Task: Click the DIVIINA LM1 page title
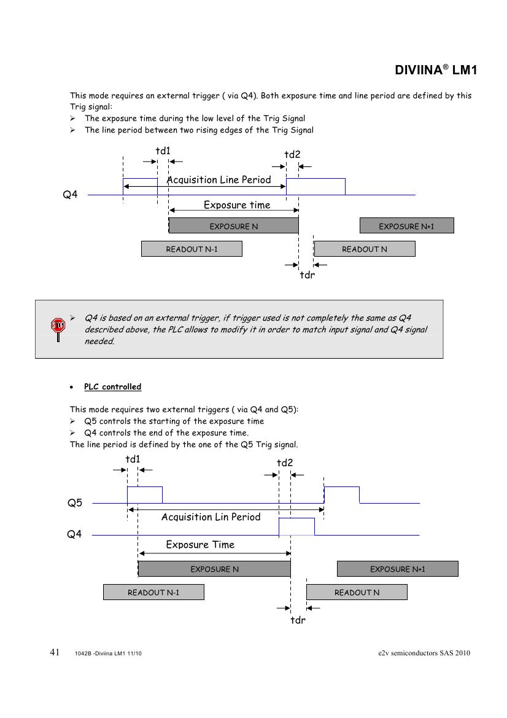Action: pyautogui.click(x=436, y=70)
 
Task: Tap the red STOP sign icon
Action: pyautogui.click(x=58, y=326)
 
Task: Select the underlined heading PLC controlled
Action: pyautogui.click(x=112, y=387)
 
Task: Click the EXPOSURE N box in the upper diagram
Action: pyautogui.click(x=234, y=226)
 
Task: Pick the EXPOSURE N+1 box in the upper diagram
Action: pyautogui.click(x=406, y=226)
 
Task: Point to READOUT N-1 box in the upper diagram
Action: pyautogui.click(x=192, y=249)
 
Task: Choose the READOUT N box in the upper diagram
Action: pyautogui.click(x=365, y=249)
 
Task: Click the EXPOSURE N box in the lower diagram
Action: pyautogui.click(x=214, y=569)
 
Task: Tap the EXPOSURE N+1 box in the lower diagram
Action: pyautogui.click(x=397, y=569)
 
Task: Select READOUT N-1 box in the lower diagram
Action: pyautogui.click(x=153, y=592)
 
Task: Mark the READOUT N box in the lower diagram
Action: pyautogui.click(x=357, y=592)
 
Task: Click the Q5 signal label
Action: pyautogui.click(x=74, y=503)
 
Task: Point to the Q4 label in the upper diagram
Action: pyautogui.click(x=71, y=195)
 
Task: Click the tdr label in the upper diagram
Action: pyautogui.click(x=307, y=275)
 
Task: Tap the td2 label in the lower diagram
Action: pyautogui.click(x=285, y=463)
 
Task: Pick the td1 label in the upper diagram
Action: pyautogui.click(x=163, y=151)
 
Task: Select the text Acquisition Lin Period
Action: pyautogui.click(x=211, y=517)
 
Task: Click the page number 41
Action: pyautogui.click(x=55, y=652)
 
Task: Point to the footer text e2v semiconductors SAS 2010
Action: pyautogui.click(x=424, y=653)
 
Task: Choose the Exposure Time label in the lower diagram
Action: pyautogui.click(x=200, y=545)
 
